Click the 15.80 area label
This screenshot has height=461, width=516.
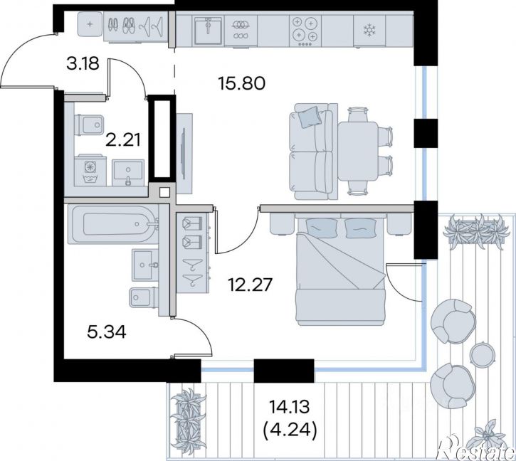(241, 83)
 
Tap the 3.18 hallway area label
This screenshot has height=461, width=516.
(83, 63)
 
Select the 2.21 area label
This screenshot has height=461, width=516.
(123, 139)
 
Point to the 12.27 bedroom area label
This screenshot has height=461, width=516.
(251, 285)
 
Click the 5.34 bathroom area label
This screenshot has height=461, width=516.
(107, 332)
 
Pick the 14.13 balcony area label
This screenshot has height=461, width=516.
(290, 407)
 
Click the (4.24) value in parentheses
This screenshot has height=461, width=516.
(290, 430)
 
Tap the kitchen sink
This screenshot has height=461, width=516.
(208, 31)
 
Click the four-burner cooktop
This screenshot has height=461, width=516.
(305, 31)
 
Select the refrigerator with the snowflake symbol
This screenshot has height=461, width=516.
(369, 31)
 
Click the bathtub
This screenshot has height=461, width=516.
(113, 224)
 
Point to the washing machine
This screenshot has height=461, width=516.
(90, 171)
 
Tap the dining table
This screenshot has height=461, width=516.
(358, 151)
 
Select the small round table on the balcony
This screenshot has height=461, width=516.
(482, 354)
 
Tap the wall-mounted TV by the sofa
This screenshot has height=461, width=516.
(184, 154)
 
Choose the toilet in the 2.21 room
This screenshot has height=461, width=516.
(89, 124)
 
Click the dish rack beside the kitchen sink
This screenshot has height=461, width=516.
(241, 31)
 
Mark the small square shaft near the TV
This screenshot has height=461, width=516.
(164, 193)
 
